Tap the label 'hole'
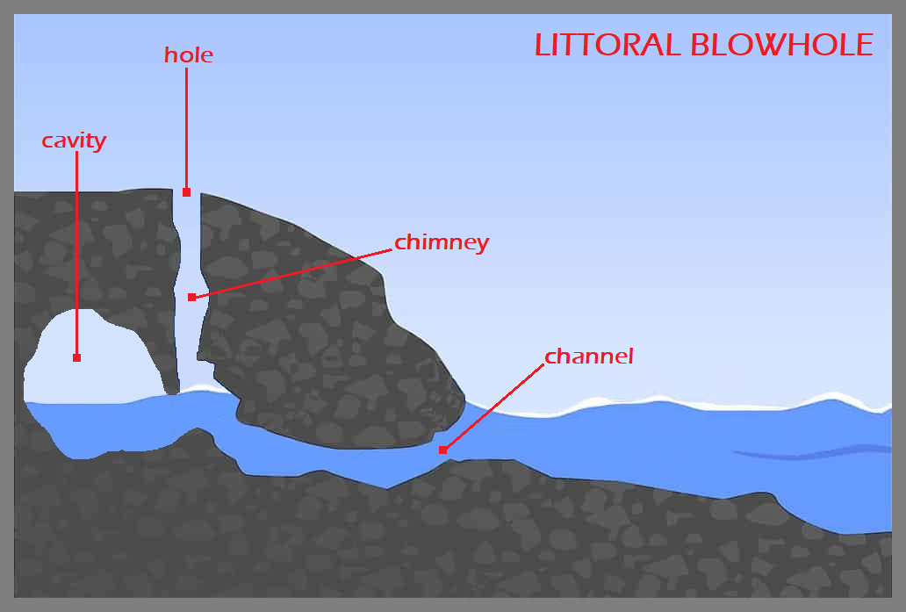tap(189, 55)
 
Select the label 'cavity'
tap(74, 140)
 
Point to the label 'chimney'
tap(442, 242)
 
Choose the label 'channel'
tap(589, 356)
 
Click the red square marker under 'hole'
tap(186, 192)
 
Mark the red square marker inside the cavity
tap(77, 357)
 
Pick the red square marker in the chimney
tap(191, 297)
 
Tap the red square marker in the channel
tap(442, 450)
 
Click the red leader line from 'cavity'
tap(76, 255)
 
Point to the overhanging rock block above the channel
tap(334, 351)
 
